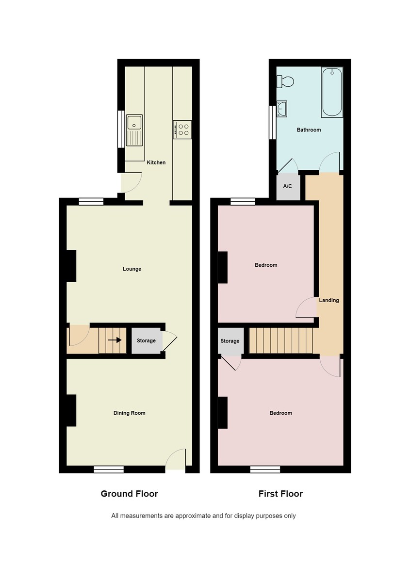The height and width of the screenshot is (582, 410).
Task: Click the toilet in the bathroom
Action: (x=285, y=81)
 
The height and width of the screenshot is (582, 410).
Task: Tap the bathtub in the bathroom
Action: (x=332, y=92)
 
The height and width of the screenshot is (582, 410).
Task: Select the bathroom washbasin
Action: (x=282, y=109)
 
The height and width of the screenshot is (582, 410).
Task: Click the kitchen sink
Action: (x=135, y=130)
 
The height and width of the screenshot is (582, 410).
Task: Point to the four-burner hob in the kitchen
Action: (x=182, y=129)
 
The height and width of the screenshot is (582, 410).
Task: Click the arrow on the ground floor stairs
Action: (x=115, y=340)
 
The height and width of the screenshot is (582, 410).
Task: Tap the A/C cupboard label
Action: (x=287, y=186)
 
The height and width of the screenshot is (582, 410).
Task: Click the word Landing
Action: (x=329, y=300)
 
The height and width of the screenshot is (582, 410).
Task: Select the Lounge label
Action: (x=132, y=269)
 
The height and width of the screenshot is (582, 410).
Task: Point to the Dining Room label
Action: (x=129, y=413)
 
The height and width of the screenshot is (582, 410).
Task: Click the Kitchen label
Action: (x=156, y=162)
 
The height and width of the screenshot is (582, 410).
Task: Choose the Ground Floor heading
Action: (x=129, y=494)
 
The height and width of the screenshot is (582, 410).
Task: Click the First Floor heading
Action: (x=280, y=494)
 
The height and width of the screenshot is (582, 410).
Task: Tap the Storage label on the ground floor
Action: (x=146, y=340)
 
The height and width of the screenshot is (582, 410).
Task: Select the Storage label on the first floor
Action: (x=230, y=341)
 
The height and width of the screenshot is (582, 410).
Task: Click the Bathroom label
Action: (x=309, y=129)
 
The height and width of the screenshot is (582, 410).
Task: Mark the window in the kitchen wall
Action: (x=121, y=129)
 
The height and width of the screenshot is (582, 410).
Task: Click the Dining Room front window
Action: (x=109, y=469)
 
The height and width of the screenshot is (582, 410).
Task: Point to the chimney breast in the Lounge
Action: (x=71, y=266)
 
